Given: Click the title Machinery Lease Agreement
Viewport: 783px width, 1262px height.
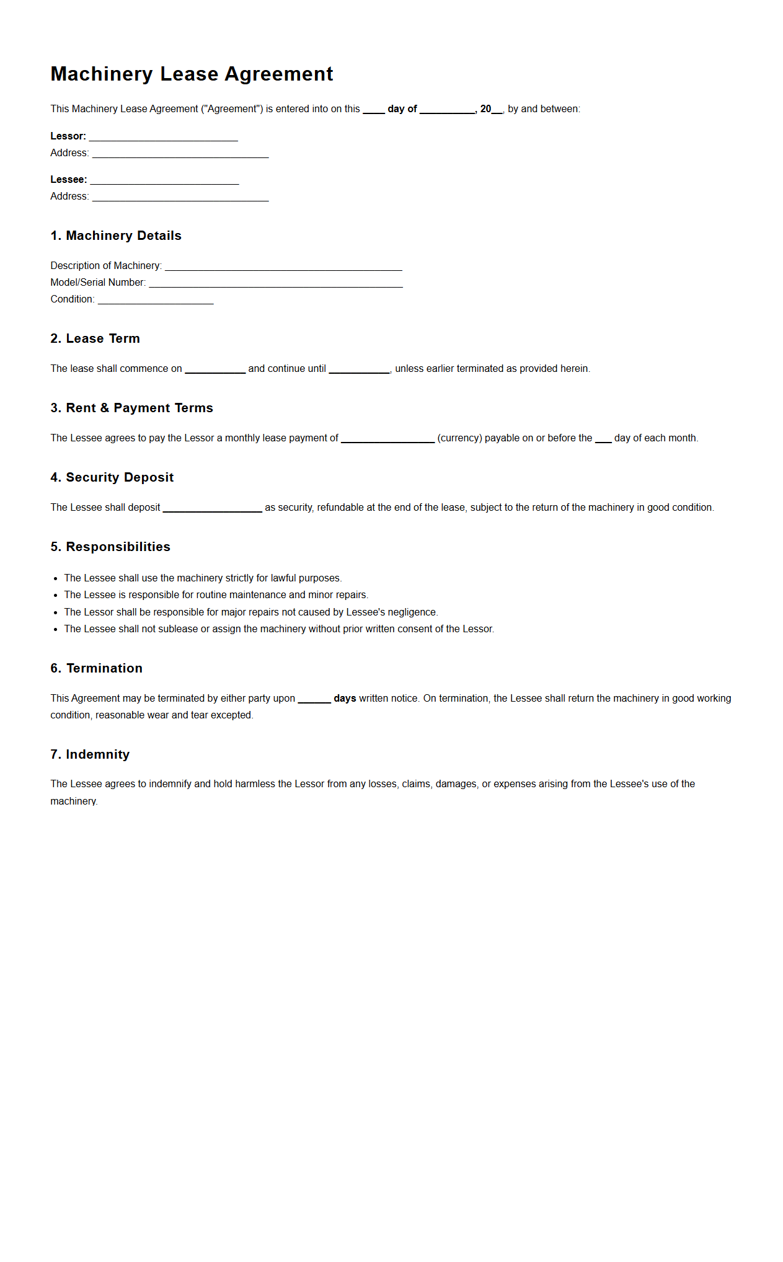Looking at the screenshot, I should pyautogui.click(x=192, y=74).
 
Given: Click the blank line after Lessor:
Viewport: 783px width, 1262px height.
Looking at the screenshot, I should pyautogui.click(x=163, y=137).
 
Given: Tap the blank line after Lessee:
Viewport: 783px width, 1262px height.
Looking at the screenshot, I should pyautogui.click(x=164, y=180).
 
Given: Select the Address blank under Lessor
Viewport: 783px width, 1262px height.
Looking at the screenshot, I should pyautogui.click(x=180, y=154).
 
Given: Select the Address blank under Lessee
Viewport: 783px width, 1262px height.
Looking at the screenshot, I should pyautogui.click(x=180, y=197).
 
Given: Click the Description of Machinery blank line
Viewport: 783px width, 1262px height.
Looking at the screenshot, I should pyautogui.click(x=283, y=267).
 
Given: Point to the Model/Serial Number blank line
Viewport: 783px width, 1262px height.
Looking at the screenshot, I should pyautogui.click(x=276, y=283).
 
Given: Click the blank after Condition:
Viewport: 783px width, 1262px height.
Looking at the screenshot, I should pyautogui.click(x=156, y=300).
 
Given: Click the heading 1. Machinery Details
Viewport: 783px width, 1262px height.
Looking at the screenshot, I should pyautogui.click(x=116, y=236).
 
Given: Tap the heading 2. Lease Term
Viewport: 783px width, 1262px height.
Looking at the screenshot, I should pyautogui.click(x=95, y=338).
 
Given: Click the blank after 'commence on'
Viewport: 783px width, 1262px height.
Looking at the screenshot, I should pyautogui.click(x=215, y=369).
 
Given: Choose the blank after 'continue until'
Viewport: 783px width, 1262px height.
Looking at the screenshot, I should pyautogui.click(x=359, y=369).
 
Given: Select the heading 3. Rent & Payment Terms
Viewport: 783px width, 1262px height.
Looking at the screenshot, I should pyautogui.click(x=131, y=408).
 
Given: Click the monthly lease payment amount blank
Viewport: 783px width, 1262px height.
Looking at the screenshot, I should pyautogui.click(x=387, y=439).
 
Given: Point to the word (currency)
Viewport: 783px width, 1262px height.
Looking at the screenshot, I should pyautogui.click(x=459, y=438).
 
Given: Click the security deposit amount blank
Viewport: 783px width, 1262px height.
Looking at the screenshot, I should pyautogui.click(x=212, y=508).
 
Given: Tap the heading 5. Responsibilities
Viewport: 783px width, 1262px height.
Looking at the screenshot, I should pyautogui.click(x=110, y=547).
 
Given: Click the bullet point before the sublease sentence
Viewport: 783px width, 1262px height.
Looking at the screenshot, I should pyautogui.click(x=56, y=629).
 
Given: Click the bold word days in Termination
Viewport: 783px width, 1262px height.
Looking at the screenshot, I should pyautogui.click(x=345, y=699).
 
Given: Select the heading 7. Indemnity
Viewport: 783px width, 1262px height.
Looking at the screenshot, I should pyautogui.click(x=90, y=754).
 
